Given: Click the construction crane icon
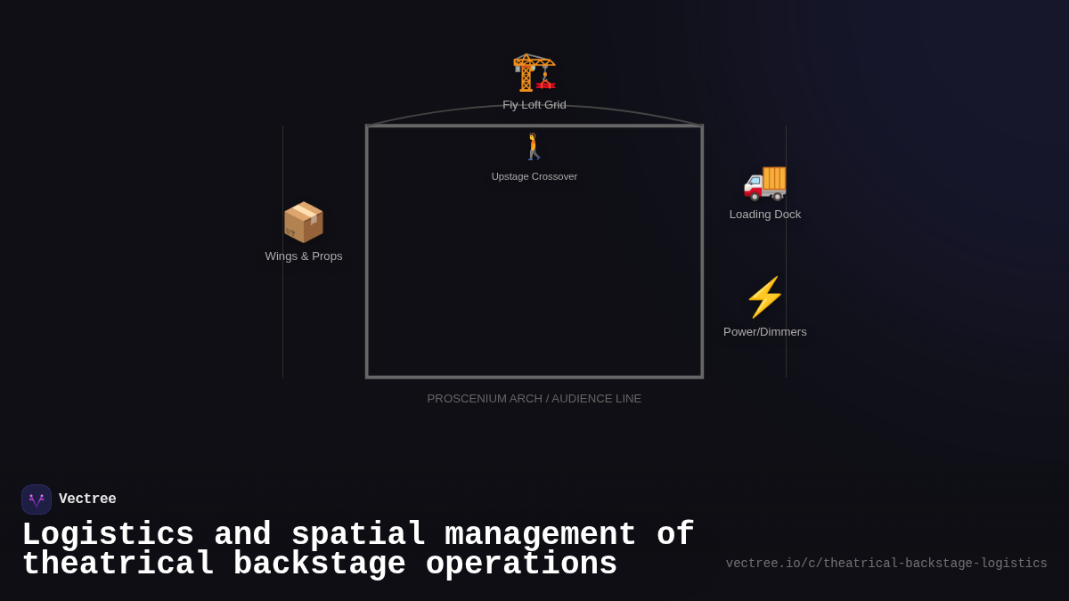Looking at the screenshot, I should (x=534, y=72).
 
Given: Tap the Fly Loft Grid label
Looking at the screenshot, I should (x=534, y=105).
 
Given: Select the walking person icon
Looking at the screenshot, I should (x=534, y=147).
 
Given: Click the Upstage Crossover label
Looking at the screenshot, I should (x=534, y=176).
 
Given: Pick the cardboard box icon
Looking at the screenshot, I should (x=303, y=223).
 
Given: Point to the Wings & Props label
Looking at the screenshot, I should (x=304, y=256).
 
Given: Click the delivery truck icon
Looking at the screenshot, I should (x=765, y=182).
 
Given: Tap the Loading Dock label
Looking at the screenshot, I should (x=765, y=215).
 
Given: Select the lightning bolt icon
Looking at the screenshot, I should (x=764, y=297).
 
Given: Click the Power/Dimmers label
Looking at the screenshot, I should (x=765, y=332).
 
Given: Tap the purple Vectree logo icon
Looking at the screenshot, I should (x=37, y=499).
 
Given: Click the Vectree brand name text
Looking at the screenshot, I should (x=87, y=499).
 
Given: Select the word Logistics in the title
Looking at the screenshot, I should (x=108, y=535).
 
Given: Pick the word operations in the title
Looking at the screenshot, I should (x=521, y=564).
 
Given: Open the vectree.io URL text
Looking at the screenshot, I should (x=886, y=564).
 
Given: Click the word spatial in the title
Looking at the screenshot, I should (x=358, y=535).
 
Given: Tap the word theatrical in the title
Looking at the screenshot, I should (x=118, y=564).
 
